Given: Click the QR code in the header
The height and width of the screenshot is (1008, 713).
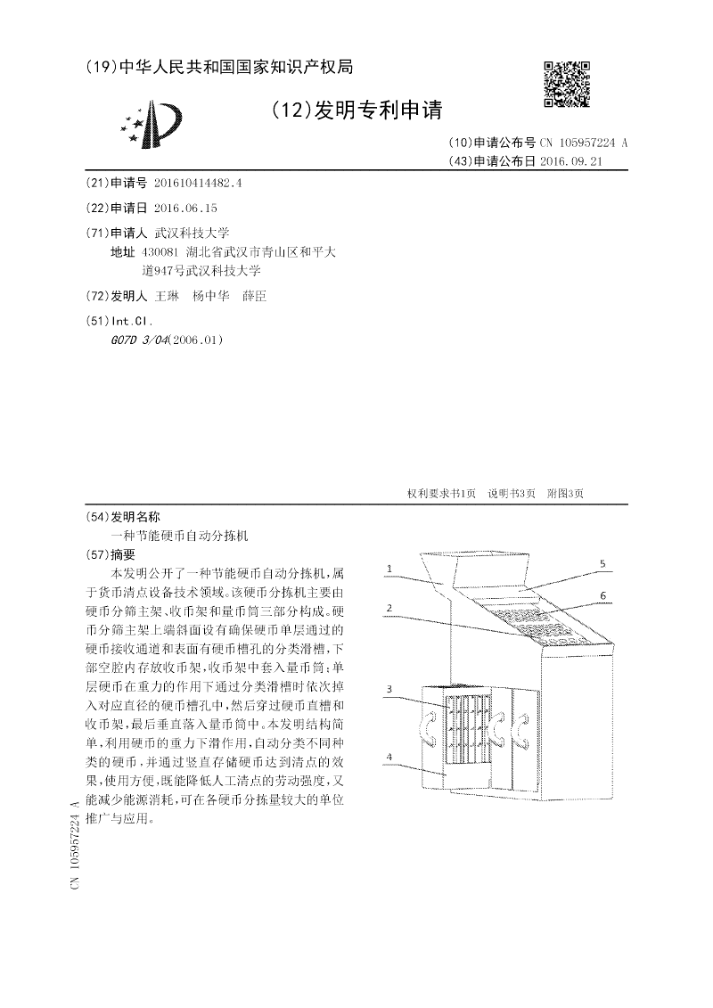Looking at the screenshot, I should (x=567, y=85).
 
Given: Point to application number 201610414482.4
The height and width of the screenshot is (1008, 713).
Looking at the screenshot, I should (x=198, y=183).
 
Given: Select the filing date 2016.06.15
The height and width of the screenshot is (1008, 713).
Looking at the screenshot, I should (x=185, y=208).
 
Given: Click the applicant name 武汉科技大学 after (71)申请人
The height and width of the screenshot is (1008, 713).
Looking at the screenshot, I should (x=193, y=232).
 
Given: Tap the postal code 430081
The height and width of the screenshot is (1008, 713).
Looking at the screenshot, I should (x=160, y=252).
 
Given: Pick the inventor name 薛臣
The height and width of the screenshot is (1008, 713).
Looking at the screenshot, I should (x=255, y=297).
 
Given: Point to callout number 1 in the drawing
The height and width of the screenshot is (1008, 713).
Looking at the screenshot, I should (x=389, y=568).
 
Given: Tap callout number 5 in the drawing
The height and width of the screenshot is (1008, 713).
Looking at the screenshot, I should (x=602, y=564).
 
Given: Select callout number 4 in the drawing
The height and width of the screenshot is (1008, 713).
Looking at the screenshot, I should (x=389, y=756).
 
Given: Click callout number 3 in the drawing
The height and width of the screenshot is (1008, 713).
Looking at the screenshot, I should (x=389, y=689).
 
